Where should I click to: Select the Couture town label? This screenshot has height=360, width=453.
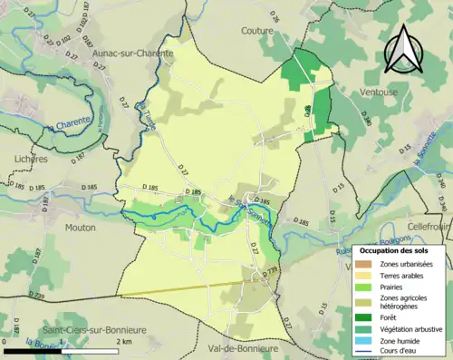pos(257,30)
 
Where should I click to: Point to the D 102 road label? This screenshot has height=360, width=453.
pos(63,39)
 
